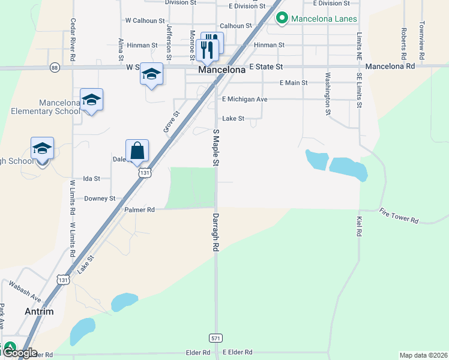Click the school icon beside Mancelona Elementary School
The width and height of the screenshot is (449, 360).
pos(91,100)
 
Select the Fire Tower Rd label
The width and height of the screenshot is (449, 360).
pos(399,216)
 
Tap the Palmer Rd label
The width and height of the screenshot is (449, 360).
pos(140,209)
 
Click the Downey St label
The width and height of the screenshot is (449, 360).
pos(100,199)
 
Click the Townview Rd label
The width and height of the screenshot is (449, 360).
pos(423,40)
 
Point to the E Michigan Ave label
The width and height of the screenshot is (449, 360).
pos(245,99)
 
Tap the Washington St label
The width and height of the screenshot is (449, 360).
pos(328,94)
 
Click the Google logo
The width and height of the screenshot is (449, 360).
pos(19,353)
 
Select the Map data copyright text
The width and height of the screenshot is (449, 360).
pos(423,355)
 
